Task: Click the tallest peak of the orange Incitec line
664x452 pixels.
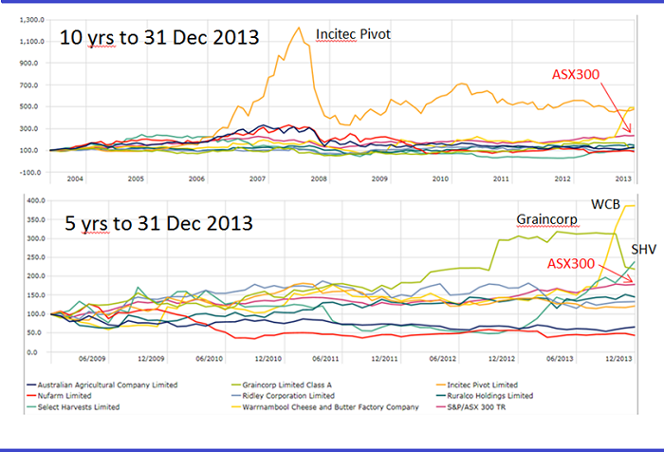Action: (300, 28)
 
